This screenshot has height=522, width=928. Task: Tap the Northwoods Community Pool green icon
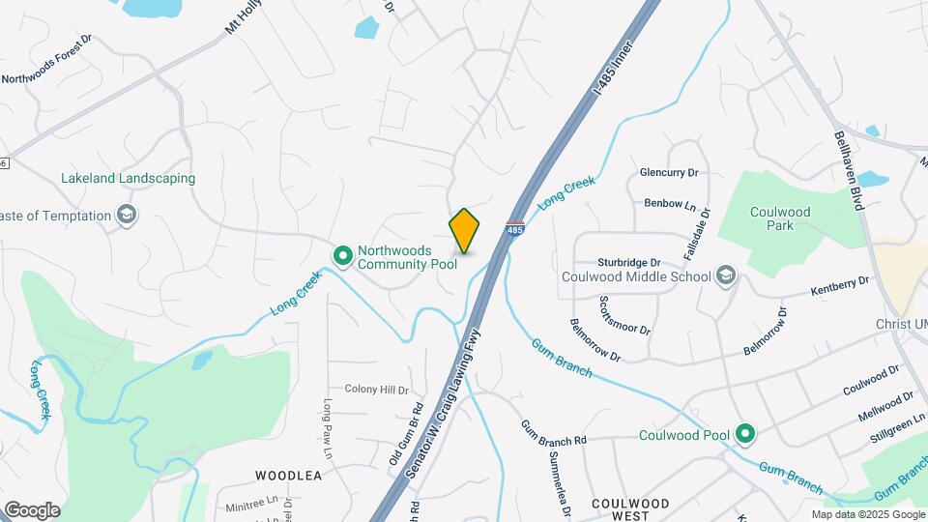tap(342, 255)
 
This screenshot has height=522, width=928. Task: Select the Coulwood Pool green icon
tap(744, 434)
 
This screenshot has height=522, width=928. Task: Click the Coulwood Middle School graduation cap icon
tap(724, 275)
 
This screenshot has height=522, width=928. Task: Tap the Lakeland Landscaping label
tap(128, 179)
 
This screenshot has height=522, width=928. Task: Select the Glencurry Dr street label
tap(668, 173)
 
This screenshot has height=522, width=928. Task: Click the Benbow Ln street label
tap(670, 205)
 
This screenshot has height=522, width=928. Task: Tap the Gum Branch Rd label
tap(554, 433)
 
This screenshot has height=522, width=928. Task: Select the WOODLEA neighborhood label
tap(288, 476)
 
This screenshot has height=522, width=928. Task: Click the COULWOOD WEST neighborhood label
tap(630, 510)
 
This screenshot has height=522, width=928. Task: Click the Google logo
tap(32, 510)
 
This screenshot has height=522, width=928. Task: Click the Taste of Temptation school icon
tap(125, 215)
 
